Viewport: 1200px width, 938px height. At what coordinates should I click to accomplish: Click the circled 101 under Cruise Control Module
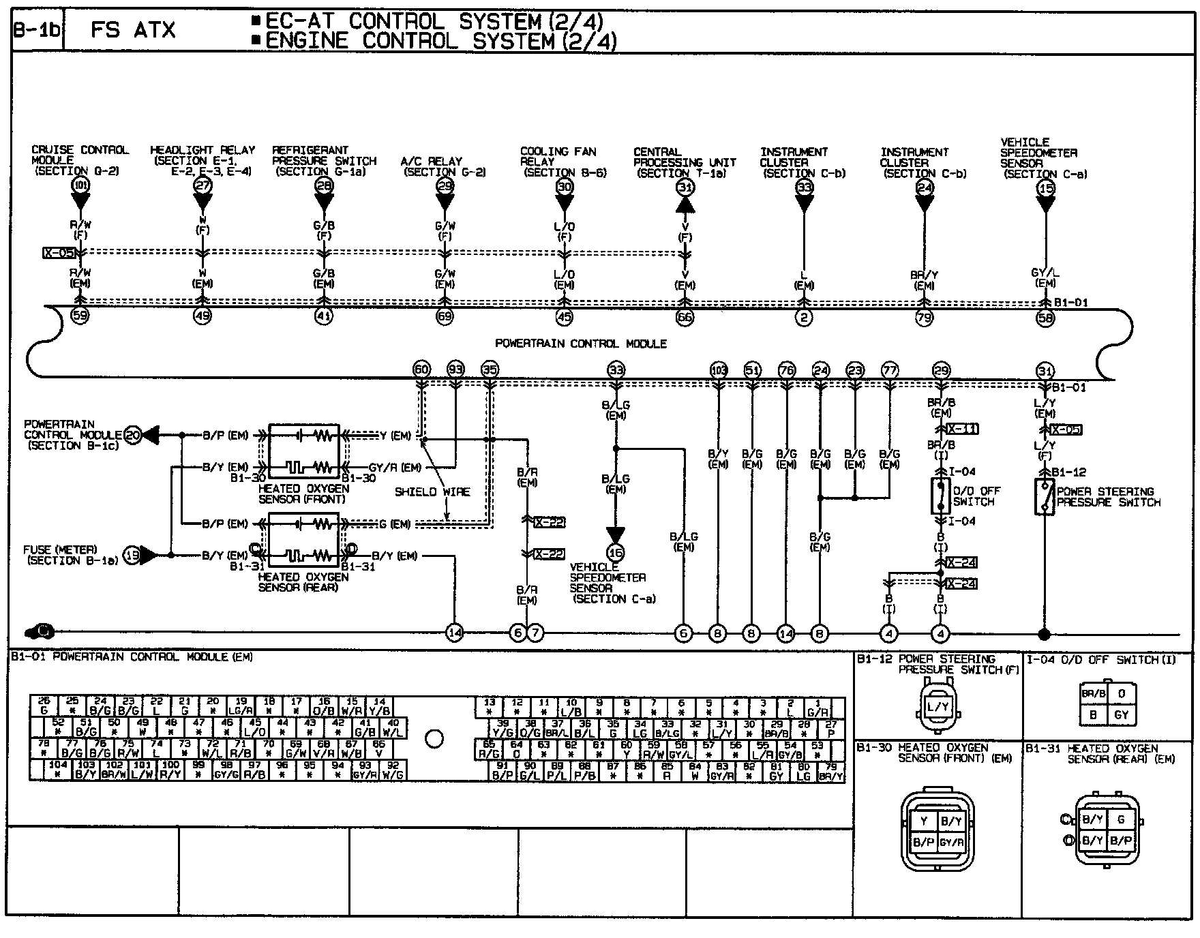point(80,185)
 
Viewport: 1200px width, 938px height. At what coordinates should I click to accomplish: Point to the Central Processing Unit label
point(684,162)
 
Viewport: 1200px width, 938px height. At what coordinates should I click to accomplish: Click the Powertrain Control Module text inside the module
point(580,344)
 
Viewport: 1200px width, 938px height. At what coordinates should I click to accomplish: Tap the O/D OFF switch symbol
point(940,496)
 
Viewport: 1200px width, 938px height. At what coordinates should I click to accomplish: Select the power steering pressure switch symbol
point(1044,497)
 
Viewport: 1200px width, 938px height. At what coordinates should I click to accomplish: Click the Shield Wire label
point(432,491)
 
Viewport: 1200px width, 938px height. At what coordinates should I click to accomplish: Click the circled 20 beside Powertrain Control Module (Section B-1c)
point(133,434)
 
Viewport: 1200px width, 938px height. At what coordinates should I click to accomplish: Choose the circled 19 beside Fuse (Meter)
point(132,556)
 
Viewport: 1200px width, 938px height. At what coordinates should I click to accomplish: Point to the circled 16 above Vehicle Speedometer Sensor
point(616,552)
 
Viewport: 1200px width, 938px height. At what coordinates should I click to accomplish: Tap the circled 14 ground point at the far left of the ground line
point(455,633)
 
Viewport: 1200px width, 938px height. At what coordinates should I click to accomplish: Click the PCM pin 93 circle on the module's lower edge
point(455,370)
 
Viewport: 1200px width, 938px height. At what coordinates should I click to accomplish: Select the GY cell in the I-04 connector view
point(1122,715)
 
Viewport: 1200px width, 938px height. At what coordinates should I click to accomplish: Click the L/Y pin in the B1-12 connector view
point(937,707)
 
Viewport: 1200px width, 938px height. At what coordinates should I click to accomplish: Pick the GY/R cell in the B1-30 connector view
point(951,843)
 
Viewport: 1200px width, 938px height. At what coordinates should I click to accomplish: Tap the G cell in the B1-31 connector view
point(1121,819)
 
